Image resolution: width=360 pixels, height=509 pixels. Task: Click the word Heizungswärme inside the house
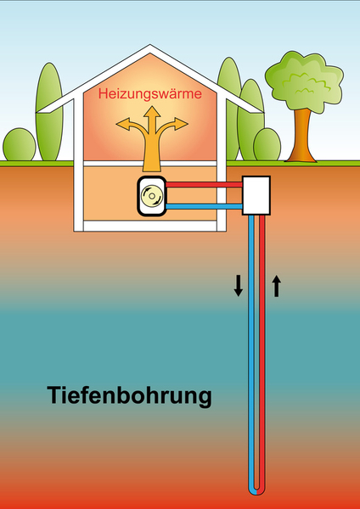coord(150,94)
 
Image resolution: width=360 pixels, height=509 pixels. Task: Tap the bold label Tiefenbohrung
coord(129,395)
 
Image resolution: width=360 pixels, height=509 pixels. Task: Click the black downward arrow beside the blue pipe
coord(238,286)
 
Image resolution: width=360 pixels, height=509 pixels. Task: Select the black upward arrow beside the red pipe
coord(276,286)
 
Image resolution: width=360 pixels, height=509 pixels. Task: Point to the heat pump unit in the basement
coord(152,196)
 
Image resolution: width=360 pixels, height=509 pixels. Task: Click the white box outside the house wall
coord(256,195)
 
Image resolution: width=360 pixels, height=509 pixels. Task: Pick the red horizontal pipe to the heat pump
coord(204,184)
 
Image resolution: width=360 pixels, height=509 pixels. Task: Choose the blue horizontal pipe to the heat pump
coord(204,206)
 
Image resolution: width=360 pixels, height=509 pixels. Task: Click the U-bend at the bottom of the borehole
coord(256,490)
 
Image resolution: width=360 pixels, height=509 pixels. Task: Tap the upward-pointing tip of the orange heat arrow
coord(152,107)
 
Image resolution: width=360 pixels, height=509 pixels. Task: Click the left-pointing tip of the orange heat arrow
coord(116,123)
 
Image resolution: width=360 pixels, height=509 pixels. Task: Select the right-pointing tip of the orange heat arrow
coord(188,123)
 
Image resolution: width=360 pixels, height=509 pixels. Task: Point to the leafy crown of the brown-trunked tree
coord(304,81)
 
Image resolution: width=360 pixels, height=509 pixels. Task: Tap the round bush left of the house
coord(20,145)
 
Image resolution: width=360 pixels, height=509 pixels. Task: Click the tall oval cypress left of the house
coord(49,111)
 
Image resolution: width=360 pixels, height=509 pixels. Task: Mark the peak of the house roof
coord(149,45)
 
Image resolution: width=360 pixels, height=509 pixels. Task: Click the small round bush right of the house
coord(267,145)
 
